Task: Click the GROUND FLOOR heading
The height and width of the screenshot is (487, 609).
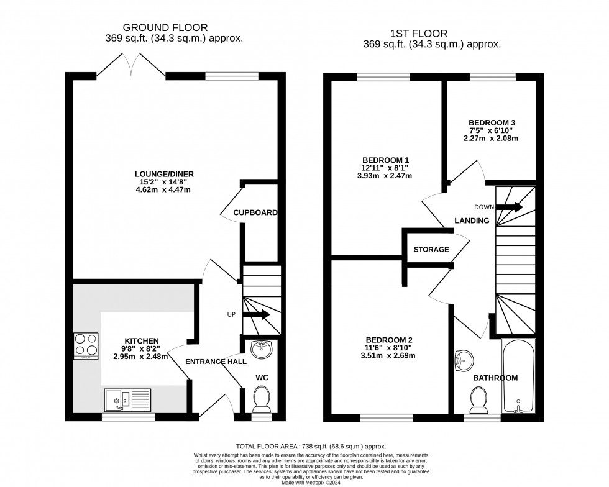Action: point(165,27)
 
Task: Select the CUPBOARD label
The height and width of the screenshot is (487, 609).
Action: point(255,213)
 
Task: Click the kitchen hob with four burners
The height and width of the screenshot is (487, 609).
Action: point(86,346)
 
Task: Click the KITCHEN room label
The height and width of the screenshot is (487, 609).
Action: point(142,341)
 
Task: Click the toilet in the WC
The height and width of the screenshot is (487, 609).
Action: point(262,399)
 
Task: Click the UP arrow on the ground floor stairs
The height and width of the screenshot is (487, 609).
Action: point(255,315)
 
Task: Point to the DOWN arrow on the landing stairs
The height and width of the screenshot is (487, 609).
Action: point(509,207)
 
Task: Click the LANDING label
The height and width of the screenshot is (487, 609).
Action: point(472,221)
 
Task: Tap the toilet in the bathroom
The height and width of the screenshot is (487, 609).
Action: point(479,400)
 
